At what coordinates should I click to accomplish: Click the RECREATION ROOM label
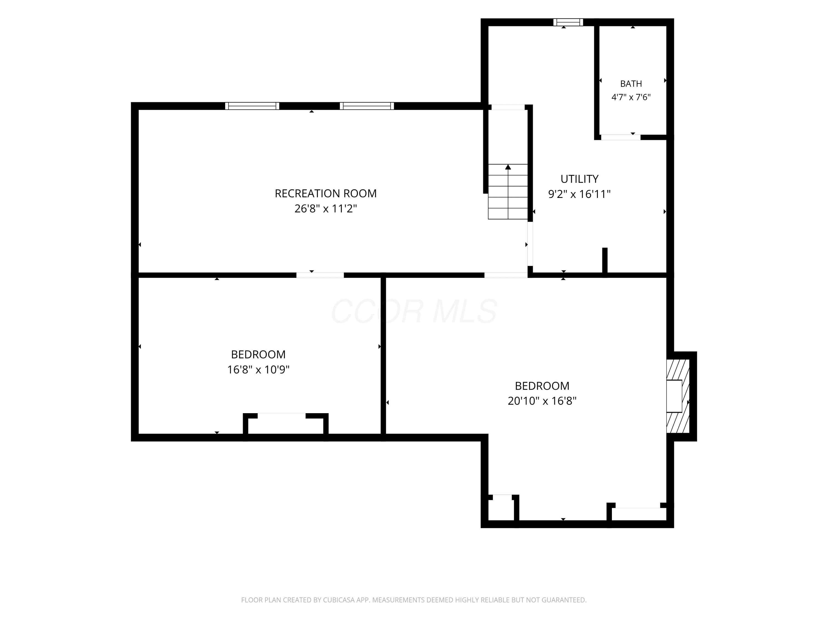tap(326, 193)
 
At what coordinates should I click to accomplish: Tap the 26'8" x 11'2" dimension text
tap(326, 208)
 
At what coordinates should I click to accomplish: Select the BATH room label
tap(631, 84)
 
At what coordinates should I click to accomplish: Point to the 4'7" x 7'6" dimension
tap(631, 97)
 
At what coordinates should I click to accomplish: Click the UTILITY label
tap(579, 179)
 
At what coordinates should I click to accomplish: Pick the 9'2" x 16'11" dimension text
tap(579, 194)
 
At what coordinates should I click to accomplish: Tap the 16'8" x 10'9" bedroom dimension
tap(258, 370)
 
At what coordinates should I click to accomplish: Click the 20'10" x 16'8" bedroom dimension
tap(542, 401)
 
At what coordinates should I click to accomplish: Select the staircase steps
tap(508, 192)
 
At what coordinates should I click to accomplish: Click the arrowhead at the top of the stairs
tap(508, 167)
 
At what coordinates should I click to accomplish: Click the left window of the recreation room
tap(252, 106)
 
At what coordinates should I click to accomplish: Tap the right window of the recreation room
tap(367, 106)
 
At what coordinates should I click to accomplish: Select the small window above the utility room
tap(568, 22)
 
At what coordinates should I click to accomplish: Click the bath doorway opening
tap(621, 137)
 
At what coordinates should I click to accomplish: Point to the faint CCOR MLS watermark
tap(414, 311)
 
